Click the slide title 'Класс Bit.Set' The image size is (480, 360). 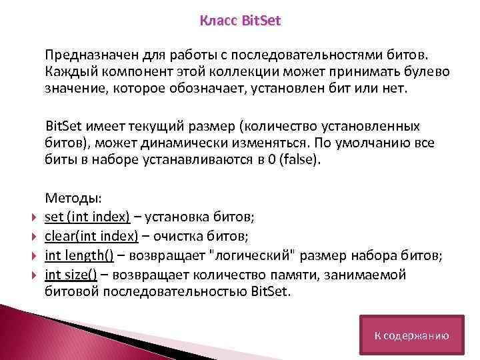pyautogui.click(x=241, y=21)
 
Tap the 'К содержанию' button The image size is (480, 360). pyautogui.click(x=411, y=336)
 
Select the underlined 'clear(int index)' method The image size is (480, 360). pyautogui.click(x=91, y=235)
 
